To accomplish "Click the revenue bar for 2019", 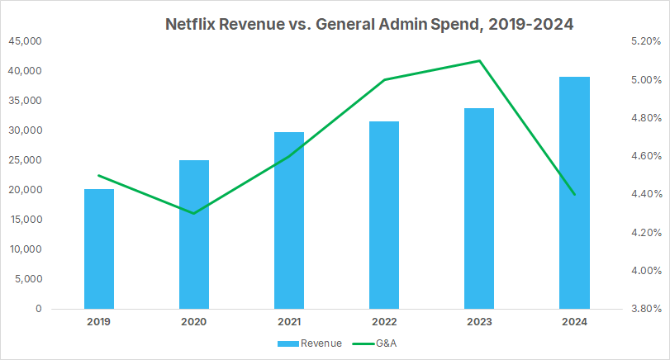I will tap(99, 249).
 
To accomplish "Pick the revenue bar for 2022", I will tap(384, 215).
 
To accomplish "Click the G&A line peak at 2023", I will tap(479, 60).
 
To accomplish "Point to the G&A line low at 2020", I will tap(194, 213).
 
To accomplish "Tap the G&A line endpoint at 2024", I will tap(574, 194).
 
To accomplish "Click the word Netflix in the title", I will tap(195, 25).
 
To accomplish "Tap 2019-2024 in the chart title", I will tap(531, 25).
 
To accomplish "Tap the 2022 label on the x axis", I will tap(384, 322).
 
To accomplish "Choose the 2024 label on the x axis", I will tap(574, 322).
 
